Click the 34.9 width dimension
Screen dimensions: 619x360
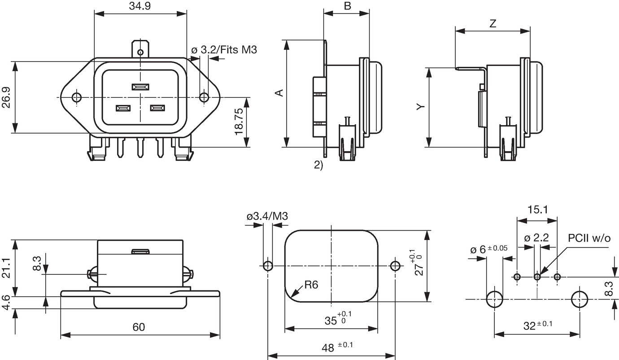pyautogui.click(x=140, y=5)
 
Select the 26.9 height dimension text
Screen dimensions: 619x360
pyautogui.click(x=6, y=97)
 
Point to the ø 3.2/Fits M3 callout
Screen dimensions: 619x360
pyautogui.click(x=224, y=50)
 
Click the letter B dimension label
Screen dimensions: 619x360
pyautogui.click(x=347, y=5)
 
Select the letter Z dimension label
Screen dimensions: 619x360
pyautogui.click(x=493, y=24)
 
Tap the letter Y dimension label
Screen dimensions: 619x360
pyautogui.click(x=421, y=107)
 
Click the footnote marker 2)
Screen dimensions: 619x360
pyautogui.click(x=318, y=165)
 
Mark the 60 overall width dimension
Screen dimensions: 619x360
pyautogui.click(x=139, y=327)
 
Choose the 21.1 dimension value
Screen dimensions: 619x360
pyautogui.click(x=6, y=268)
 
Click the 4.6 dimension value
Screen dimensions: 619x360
pyautogui.click(x=6, y=303)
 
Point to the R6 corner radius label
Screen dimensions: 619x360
pyautogui.click(x=311, y=285)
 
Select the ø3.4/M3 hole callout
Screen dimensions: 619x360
pyautogui.click(x=267, y=216)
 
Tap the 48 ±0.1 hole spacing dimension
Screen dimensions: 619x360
pyautogui.click(x=337, y=347)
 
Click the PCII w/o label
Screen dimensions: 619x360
pyautogui.click(x=589, y=238)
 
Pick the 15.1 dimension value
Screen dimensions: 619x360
pyautogui.click(x=537, y=210)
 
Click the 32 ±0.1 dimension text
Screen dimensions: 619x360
pyautogui.click(x=538, y=325)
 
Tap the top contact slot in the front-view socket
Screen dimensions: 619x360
pyautogui.click(x=141, y=87)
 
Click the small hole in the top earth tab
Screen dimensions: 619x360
pyautogui.click(x=141, y=52)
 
